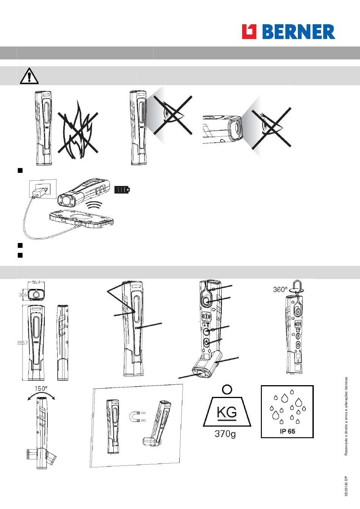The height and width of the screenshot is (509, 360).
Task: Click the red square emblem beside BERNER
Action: (x=249, y=31)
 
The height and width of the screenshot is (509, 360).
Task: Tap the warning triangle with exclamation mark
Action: (x=29, y=76)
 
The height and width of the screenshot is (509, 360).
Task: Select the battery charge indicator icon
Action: (x=122, y=189)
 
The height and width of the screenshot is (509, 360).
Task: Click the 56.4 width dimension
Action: (x=36, y=282)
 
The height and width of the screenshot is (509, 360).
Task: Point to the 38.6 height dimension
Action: (x=23, y=295)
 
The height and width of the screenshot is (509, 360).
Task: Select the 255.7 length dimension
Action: (x=22, y=343)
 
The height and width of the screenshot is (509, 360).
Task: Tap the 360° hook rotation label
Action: (x=280, y=289)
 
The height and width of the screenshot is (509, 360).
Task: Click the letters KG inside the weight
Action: (x=227, y=412)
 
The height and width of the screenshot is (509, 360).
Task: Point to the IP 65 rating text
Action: (x=288, y=431)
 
